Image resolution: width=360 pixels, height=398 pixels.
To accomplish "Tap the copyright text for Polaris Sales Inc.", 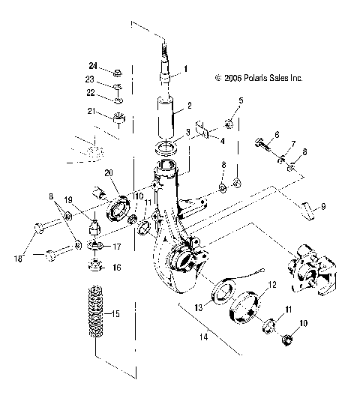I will (259, 77).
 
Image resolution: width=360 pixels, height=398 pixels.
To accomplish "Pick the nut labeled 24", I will (118, 73).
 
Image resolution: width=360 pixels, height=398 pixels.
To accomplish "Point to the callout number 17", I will (117, 246).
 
